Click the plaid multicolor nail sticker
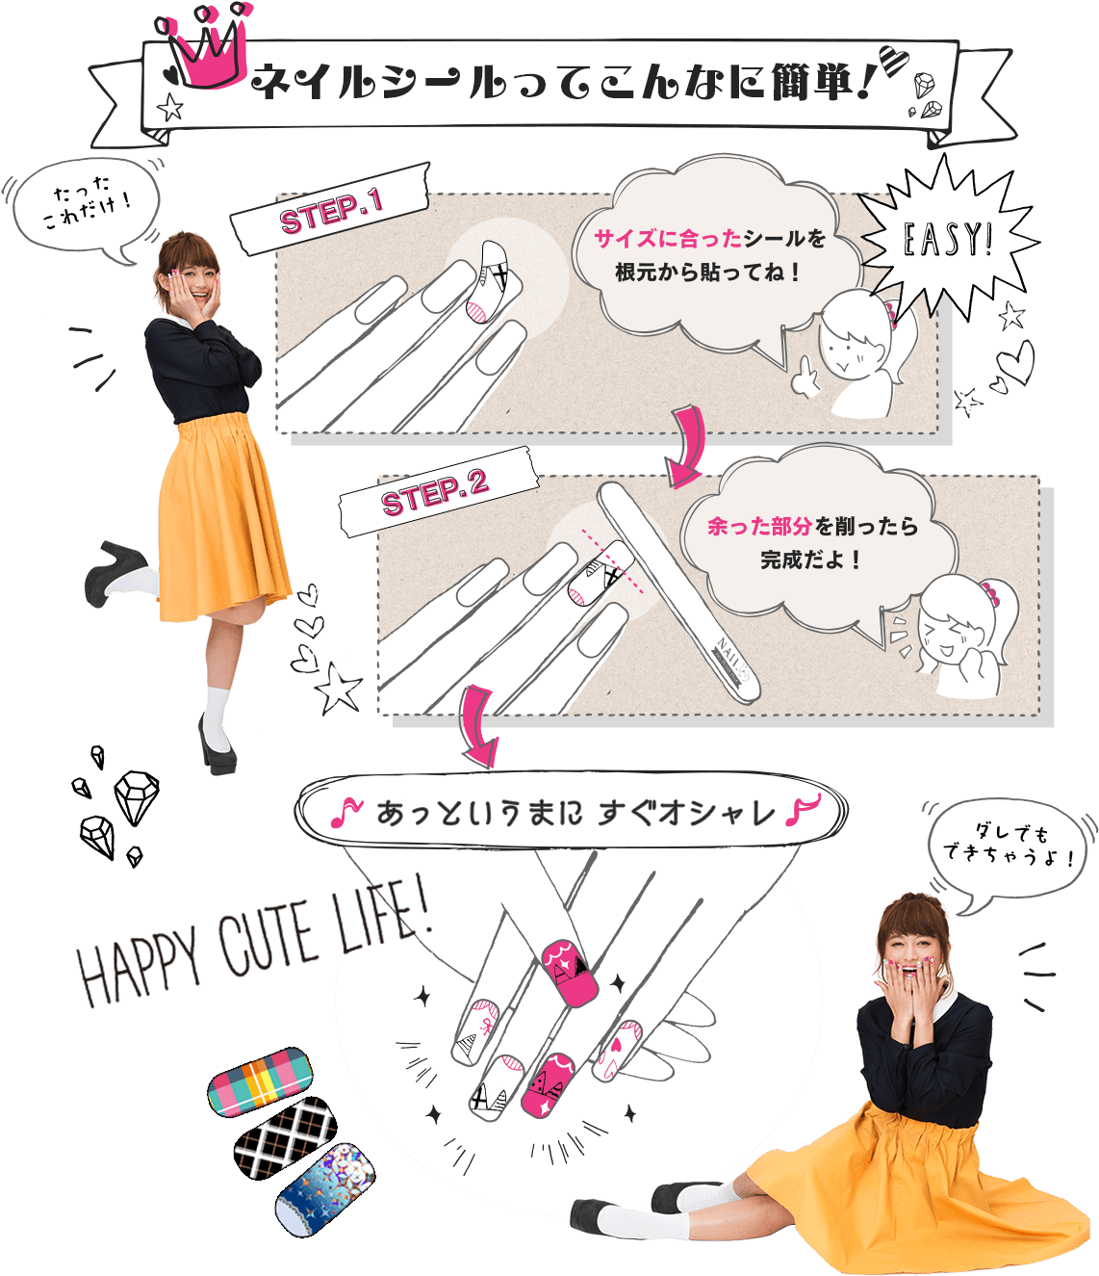tap(261, 1081)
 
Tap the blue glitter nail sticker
tap(325, 1189)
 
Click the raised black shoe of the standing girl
tap(112, 570)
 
